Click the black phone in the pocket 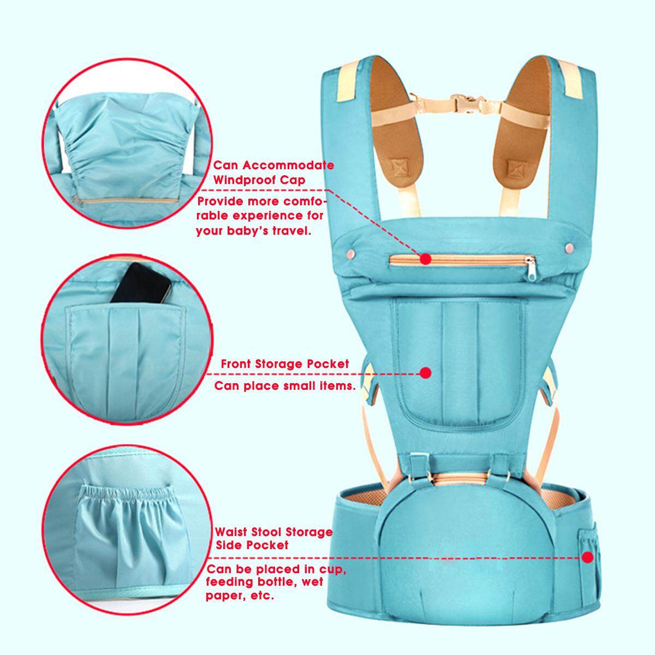point(141,283)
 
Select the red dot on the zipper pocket point(425,259)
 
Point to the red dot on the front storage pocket point(425,373)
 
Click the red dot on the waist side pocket point(588,557)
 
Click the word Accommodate point(288,165)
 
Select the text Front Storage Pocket point(285,364)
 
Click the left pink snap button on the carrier point(350,253)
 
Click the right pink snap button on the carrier point(569,248)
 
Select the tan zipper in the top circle point(126,201)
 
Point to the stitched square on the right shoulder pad point(517,168)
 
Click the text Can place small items point(285,386)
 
